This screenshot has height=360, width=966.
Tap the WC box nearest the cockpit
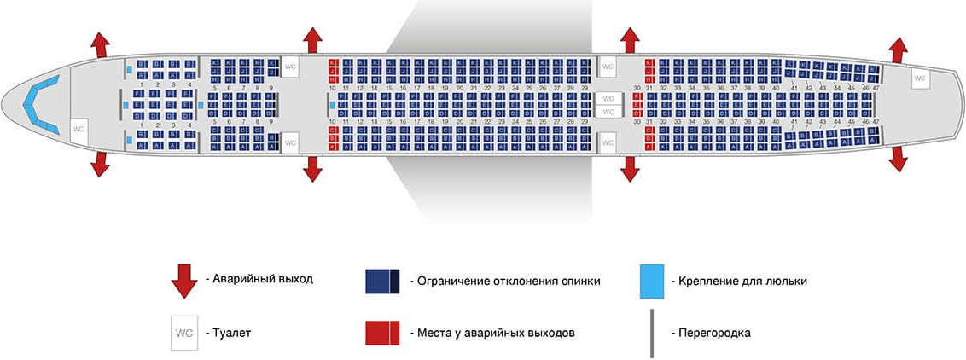pos(78,129)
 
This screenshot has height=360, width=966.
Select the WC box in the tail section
pos(919,78)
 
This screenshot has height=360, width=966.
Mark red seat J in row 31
pos(650,72)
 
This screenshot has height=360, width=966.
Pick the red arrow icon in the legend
pos(184,281)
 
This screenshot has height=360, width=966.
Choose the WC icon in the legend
pos(183,333)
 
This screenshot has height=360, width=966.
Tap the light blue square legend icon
pos(652,281)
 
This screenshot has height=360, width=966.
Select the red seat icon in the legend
pos(382,333)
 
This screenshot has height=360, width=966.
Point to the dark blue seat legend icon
pos(382,281)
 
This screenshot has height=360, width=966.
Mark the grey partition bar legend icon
pos(652,333)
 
